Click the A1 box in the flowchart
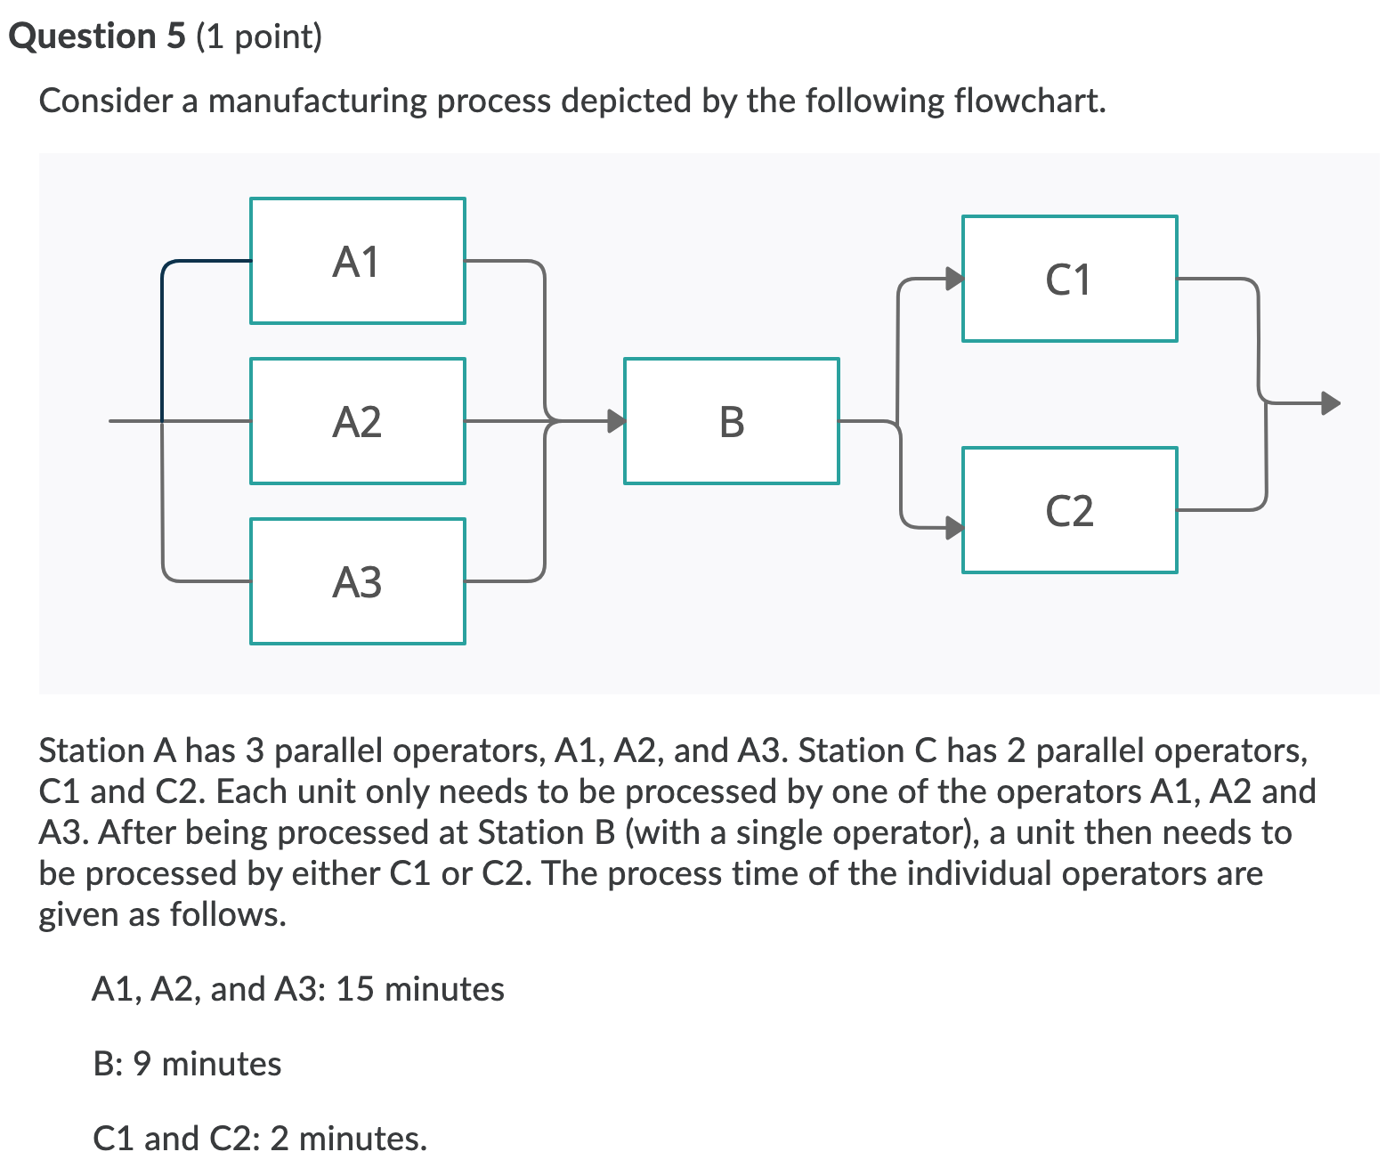pos(357,261)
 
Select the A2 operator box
pos(357,421)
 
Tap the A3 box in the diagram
pos(357,581)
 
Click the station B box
pos(731,421)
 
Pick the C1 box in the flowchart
pos(1069,279)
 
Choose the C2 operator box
pos(1069,510)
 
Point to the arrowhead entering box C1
pos(954,279)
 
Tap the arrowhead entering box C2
pos(954,528)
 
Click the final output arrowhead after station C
pos(1331,403)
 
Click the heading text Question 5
pos(97,36)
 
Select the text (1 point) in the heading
pos(258,36)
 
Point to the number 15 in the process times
pos(354,989)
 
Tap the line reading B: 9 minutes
pos(187,1064)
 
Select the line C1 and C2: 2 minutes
pos(259,1139)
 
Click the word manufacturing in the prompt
pos(318,101)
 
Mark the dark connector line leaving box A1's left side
pos(205,262)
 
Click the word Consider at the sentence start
pos(106,101)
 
